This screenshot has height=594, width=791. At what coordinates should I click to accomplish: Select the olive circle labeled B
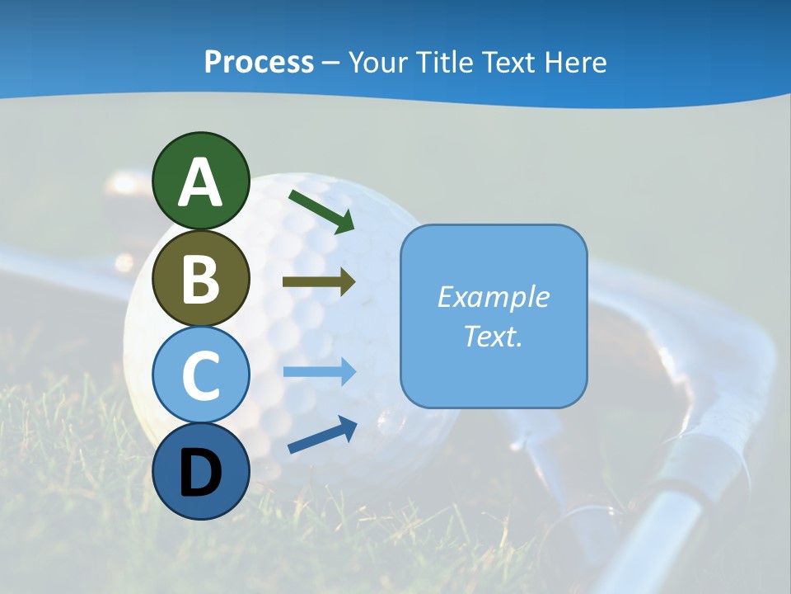click(200, 278)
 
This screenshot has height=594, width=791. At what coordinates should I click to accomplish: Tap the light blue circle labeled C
click(200, 375)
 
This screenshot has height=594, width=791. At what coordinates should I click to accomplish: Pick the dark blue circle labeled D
click(200, 472)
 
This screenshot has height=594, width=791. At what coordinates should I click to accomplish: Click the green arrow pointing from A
click(322, 210)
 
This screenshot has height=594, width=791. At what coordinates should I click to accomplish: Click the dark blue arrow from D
click(322, 436)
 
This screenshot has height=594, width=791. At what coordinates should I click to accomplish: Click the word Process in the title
click(259, 62)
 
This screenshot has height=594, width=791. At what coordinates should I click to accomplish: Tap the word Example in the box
click(493, 297)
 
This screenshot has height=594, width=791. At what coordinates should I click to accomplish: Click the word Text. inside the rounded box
click(493, 336)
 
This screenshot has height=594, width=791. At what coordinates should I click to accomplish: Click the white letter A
click(200, 183)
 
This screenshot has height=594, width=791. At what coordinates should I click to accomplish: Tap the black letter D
click(200, 474)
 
